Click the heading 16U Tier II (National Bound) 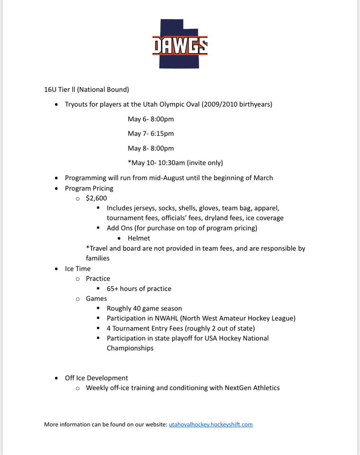tap(86, 89)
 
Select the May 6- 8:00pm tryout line tap(150, 119)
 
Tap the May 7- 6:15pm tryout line tap(150, 134)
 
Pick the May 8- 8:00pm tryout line tap(150, 148)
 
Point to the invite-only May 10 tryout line tap(175, 163)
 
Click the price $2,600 tap(96, 198)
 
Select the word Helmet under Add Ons tap(138, 238)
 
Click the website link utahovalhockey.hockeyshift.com tap(211, 424)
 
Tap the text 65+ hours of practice tap(139, 289)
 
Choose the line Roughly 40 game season tap(144, 309)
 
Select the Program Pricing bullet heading tap(89, 188)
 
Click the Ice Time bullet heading tap(78, 269)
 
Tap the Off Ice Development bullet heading tap(96, 378)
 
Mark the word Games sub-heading tap(96, 299)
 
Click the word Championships tap(130, 348)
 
